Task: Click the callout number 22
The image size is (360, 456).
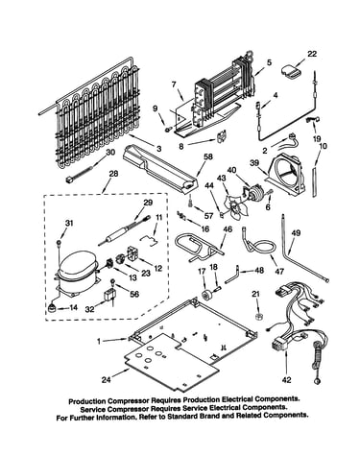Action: (x=311, y=54)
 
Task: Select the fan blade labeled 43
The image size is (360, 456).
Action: (x=236, y=205)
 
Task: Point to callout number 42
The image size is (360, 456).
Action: (x=286, y=380)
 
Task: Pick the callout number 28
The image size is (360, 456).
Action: (x=113, y=174)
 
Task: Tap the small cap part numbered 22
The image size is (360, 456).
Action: (x=291, y=72)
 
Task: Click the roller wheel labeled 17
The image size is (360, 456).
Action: (x=205, y=295)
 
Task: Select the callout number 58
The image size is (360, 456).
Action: (x=208, y=156)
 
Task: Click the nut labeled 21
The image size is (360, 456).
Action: (x=257, y=317)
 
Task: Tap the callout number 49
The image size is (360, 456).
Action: (x=296, y=233)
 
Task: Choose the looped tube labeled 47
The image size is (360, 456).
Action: (x=261, y=246)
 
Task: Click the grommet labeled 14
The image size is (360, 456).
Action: (x=52, y=308)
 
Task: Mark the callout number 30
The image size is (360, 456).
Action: (x=110, y=153)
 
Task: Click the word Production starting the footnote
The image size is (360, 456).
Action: (x=87, y=400)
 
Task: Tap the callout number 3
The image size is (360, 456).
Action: (x=159, y=149)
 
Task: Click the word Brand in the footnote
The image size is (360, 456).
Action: (x=212, y=417)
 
